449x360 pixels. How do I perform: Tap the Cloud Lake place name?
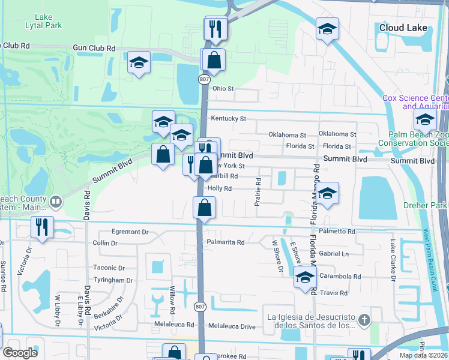[403, 28]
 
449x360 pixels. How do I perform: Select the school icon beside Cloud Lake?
[327, 29]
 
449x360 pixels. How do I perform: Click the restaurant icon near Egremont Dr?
[42, 227]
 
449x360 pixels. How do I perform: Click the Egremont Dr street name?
[128, 231]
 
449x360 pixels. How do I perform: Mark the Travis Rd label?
[334, 293]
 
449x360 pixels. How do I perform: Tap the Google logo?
[20, 353]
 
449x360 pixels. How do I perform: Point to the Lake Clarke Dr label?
[393, 260]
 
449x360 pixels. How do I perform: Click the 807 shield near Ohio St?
[205, 79]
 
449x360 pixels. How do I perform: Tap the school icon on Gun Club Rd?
[139, 62]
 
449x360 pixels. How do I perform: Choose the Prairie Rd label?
[258, 191]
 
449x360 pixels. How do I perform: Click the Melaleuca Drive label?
[232, 326]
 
